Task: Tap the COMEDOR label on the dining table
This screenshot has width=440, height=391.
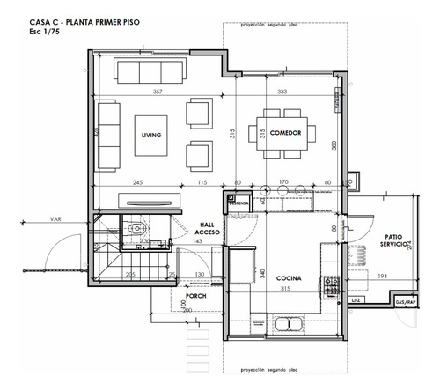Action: pyautogui.click(x=286, y=133)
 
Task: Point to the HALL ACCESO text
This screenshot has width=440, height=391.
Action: pyautogui.click(x=208, y=229)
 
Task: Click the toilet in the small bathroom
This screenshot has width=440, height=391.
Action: pyautogui.click(x=135, y=232)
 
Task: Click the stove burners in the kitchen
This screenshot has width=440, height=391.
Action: pyautogui.click(x=333, y=285)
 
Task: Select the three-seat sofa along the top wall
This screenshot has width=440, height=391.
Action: pyautogui.click(x=148, y=70)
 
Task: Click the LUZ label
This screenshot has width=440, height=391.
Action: pyautogui.click(x=355, y=300)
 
